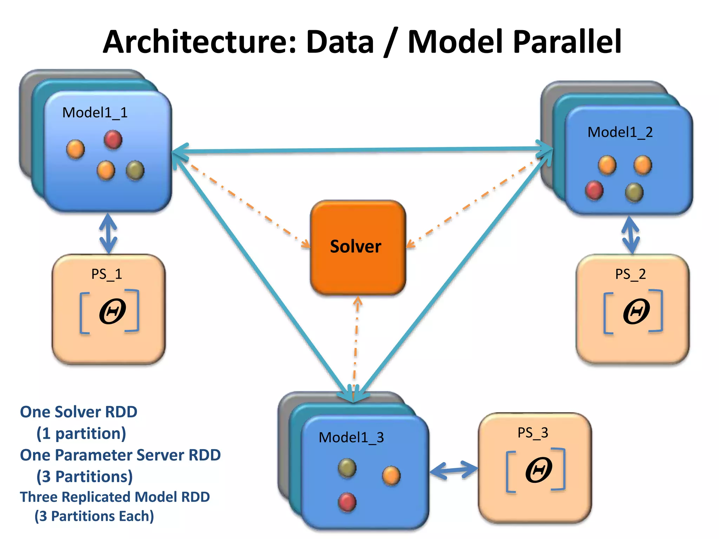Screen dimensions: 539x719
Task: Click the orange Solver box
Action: [358, 248]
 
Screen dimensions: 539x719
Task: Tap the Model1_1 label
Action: [95, 113]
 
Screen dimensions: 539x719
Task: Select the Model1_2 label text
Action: [620, 132]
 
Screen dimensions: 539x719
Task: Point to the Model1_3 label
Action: [351, 438]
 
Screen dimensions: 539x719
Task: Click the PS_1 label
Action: [107, 274]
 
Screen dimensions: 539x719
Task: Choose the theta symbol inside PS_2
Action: [636, 312]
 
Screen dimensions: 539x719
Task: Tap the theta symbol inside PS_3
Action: [538, 470]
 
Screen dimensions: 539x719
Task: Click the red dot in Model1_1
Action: [113, 140]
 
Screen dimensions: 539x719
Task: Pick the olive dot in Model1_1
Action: [135, 170]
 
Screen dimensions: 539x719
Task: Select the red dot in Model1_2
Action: [594, 190]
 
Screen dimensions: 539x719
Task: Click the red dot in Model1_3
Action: [347, 502]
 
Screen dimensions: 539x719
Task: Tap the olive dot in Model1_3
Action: [347, 468]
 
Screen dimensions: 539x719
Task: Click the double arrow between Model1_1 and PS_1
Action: [108, 234]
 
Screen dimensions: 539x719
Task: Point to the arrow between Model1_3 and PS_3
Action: [454, 470]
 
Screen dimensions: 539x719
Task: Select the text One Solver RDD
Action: [79, 412]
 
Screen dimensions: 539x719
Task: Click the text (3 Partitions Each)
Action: [94, 516]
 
